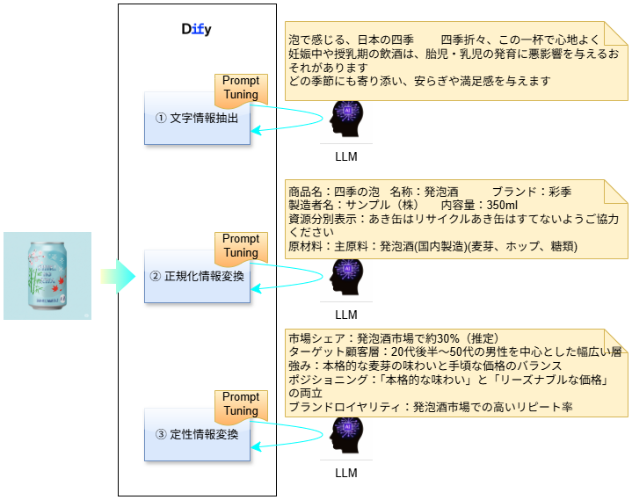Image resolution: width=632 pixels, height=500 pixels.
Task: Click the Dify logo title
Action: pyautogui.click(x=197, y=29)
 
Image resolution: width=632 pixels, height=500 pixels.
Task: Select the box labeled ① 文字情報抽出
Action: pyautogui.click(x=197, y=118)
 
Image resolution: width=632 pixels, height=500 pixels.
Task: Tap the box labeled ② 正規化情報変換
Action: pyautogui.click(x=197, y=277)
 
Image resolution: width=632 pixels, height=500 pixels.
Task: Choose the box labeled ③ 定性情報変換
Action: pyautogui.click(x=197, y=434)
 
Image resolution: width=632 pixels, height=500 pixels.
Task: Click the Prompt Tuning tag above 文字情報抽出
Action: pyautogui.click(x=240, y=88)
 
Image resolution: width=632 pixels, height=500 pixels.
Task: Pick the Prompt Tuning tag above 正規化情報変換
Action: pyautogui.click(x=240, y=246)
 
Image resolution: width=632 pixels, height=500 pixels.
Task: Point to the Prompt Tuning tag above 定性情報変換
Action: pyautogui.click(x=240, y=404)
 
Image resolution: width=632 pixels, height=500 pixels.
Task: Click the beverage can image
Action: pyautogui.click(x=47, y=275)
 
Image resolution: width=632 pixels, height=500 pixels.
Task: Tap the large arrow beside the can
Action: pyautogui.click(x=116, y=276)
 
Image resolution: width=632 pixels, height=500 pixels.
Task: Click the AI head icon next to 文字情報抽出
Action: pyautogui.click(x=346, y=120)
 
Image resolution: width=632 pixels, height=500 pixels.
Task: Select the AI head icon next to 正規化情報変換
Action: pyautogui.click(x=346, y=278)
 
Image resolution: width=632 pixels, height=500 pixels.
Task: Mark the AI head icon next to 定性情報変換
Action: pyautogui.click(x=346, y=436)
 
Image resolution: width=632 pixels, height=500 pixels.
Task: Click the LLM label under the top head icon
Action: pyautogui.click(x=346, y=157)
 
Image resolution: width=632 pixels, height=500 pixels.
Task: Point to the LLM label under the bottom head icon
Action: pyautogui.click(x=346, y=473)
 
